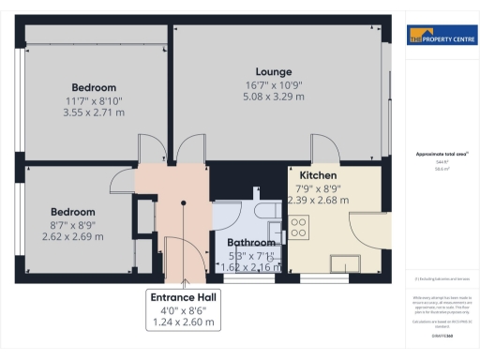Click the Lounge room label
[275, 71]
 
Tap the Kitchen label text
[318, 175]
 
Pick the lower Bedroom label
[73, 211]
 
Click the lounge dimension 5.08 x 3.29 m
[275, 96]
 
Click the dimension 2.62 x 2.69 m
[73, 236]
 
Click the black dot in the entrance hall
[184, 201]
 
